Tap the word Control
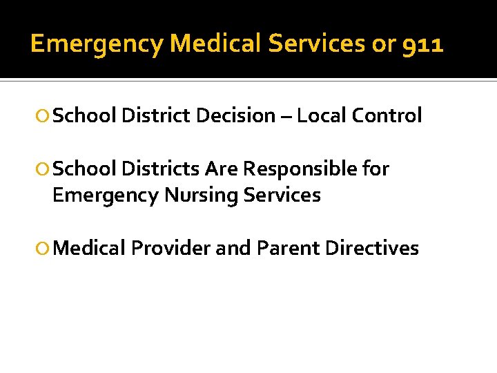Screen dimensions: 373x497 click(x=387, y=116)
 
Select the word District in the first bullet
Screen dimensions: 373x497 click(x=156, y=116)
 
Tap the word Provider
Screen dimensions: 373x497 click(x=170, y=248)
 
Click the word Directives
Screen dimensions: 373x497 click(x=372, y=248)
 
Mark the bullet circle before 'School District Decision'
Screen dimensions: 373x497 click(x=44, y=117)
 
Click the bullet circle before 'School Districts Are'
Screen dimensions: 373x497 click(x=44, y=169)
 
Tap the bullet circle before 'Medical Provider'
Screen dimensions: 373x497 click(x=44, y=249)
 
